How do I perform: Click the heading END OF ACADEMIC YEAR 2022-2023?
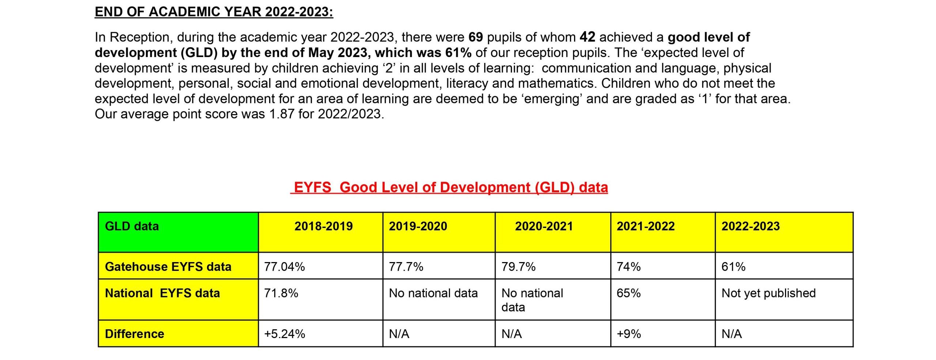pyautogui.click(x=214, y=12)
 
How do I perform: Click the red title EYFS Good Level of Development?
pyautogui.click(x=449, y=187)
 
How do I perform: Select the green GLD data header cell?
pyautogui.click(x=178, y=232)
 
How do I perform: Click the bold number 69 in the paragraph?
pyautogui.click(x=476, y=37)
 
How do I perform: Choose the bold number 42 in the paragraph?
pyautogui.click(x=588, y=37)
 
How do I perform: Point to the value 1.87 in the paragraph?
pyautogui.click(x=282, y=114)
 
